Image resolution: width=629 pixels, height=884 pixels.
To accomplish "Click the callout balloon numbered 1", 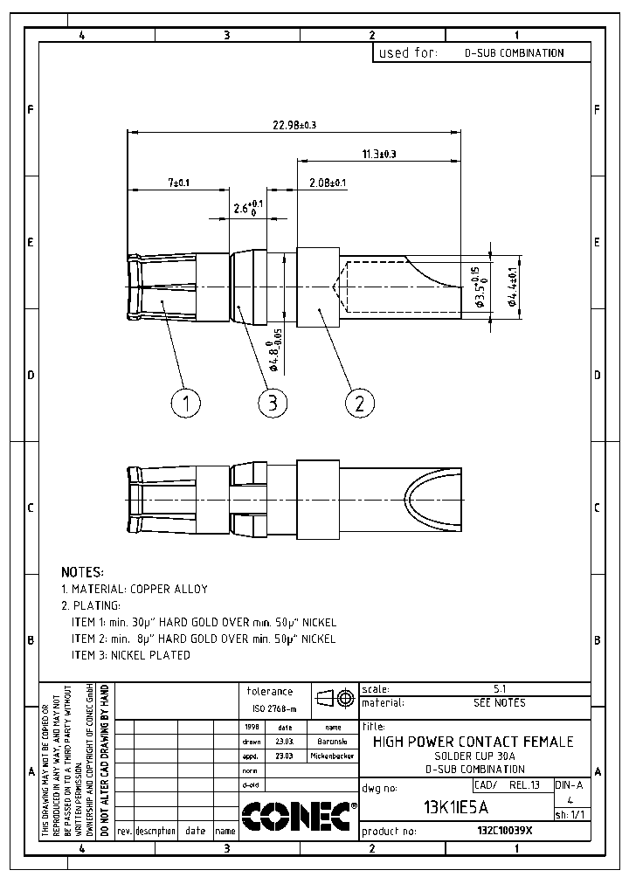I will pos(185,403).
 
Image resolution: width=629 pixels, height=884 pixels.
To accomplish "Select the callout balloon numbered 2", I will pos(359,403).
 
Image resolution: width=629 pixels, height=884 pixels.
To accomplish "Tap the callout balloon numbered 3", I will pos(273,403).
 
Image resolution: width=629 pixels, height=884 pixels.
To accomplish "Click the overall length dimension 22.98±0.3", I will pos(294,126).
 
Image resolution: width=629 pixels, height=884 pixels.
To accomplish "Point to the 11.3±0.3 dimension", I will pos(378,154).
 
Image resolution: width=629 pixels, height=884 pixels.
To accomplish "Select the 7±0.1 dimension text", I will pos(178,183).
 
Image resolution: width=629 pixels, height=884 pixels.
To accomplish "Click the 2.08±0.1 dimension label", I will pos(328,183).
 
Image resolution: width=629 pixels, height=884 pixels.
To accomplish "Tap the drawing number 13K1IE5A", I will pos(455,806).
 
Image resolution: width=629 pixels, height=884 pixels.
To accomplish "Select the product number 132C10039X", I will pos(504,831).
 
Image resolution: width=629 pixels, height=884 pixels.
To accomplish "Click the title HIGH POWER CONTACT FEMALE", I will pos(473,742).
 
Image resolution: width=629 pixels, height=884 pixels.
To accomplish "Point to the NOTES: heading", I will pos(82,572).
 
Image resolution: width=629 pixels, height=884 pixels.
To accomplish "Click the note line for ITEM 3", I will pos(130,655).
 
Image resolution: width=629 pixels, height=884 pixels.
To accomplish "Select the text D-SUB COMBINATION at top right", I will pos(514,53).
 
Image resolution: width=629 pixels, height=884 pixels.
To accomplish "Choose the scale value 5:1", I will pos(500,689).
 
